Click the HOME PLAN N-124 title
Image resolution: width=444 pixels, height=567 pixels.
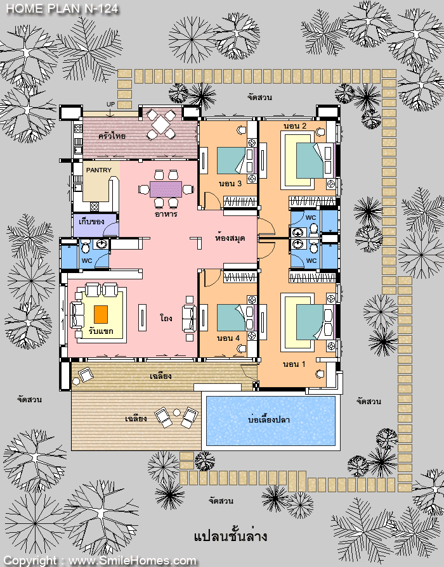[x=62, y=8]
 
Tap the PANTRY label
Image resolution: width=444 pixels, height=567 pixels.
[x=99, y=170]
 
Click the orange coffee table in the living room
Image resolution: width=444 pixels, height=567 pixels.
[x=101, y=314]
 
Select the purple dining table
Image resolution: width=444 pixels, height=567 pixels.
[x=166, y=189]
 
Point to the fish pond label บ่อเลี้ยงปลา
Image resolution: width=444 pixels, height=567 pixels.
[x=269, y=419]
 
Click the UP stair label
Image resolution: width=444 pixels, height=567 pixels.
[x=110, y=104]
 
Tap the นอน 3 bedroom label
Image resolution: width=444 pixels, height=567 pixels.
[x=230, y=183]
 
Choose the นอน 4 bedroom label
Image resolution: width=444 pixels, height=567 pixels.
[x=228, y=338]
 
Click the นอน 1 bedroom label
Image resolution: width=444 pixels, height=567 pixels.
[x=294, y=364]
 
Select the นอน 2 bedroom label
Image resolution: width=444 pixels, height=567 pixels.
[x=295, y=126]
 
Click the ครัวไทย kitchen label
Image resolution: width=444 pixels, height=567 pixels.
[x=112, y=136]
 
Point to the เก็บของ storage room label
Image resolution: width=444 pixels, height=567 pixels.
[x=91, y=221]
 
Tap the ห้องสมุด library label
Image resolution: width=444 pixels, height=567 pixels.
[x=230, y=238]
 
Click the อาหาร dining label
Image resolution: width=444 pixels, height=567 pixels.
[x=166, y=214]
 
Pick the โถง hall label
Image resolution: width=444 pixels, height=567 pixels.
[x=166, y=318]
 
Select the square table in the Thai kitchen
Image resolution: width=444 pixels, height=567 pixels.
[x=161, y=125]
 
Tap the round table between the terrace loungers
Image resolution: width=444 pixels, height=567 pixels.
[x=177, y=412]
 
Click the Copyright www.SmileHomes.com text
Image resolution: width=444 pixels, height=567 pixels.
[x=100, y=561]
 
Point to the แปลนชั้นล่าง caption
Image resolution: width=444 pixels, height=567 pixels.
[x=231, y=535]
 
